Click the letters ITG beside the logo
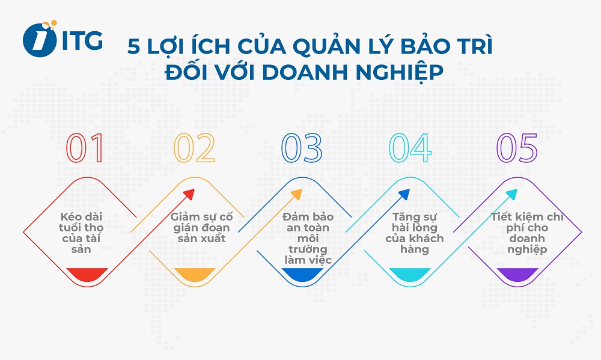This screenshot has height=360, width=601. (82, 40)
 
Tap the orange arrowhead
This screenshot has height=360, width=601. (296, 194)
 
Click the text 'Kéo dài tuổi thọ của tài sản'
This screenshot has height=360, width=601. (82, 233)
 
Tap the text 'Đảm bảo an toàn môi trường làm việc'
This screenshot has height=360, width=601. (306, 238)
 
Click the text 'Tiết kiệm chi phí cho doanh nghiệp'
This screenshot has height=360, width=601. (518, 233)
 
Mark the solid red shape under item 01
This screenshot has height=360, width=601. (87, 275)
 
